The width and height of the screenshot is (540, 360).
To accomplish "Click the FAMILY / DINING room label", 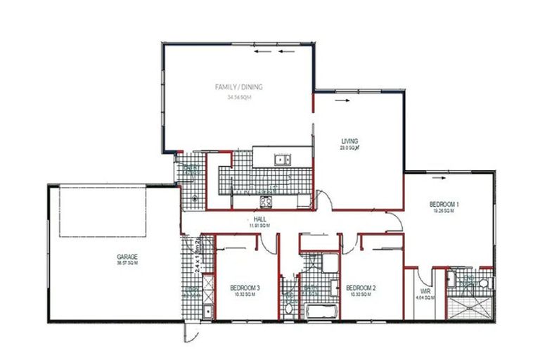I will click(239, 87).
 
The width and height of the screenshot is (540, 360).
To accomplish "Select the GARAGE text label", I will click(127, 257).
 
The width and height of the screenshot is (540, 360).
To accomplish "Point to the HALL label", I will click(259, 219).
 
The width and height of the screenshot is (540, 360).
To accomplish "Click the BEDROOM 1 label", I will click(444, 205).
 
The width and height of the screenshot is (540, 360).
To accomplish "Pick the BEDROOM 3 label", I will click(245, 288).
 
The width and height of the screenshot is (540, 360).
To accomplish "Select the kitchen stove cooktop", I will click(268, 202).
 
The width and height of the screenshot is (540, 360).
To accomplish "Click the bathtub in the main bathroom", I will click(321, 310).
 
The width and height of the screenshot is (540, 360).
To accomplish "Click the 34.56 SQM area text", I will click(239, 98).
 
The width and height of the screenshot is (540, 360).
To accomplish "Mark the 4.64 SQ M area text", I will click(425, 298).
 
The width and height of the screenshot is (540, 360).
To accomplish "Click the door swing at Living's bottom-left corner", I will click(323, 200).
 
